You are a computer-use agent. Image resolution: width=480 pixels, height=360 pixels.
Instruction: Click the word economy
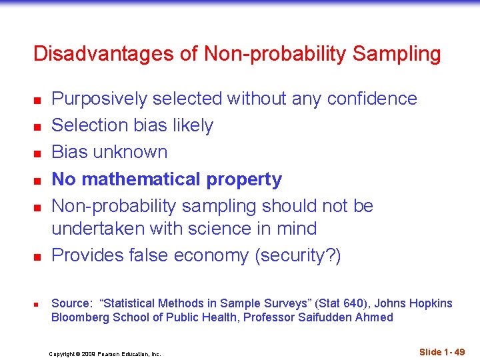[215, 255]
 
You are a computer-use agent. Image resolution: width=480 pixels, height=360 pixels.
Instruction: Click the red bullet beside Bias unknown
[39, 153]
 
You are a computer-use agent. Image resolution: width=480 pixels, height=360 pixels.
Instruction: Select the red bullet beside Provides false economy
[39, 257]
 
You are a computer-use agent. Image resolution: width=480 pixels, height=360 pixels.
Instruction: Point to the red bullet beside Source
[39, 305]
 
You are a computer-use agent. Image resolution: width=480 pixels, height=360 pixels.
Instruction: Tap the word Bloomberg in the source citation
[80, 317]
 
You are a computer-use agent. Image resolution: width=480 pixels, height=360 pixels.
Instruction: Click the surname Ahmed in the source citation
[373, 317]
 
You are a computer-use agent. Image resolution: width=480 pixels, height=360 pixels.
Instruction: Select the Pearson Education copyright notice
[105, 354]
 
